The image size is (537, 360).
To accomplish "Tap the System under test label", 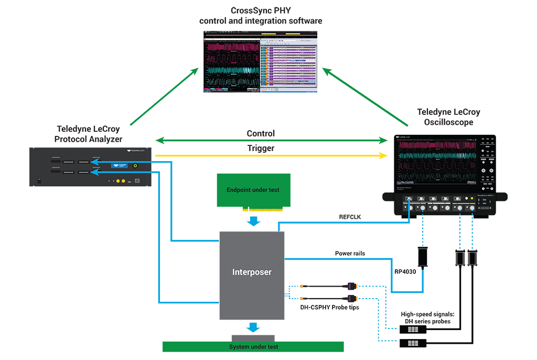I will [254, 347].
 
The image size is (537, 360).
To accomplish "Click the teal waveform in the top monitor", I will [231, 70].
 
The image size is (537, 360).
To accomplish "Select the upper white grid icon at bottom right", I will [413, 330].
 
